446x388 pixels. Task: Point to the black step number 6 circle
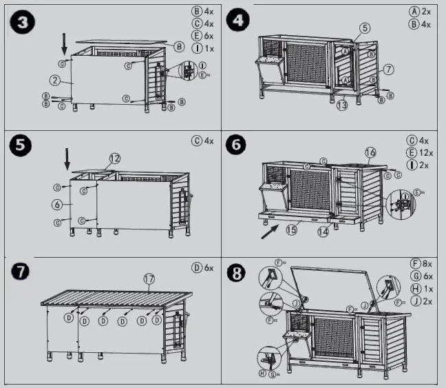coord(238,147)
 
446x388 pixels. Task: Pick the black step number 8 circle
coord(238,273)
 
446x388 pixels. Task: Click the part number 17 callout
coord(149,279)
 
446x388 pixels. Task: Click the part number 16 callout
coord(370,152)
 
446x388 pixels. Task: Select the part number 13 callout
coord(342,105)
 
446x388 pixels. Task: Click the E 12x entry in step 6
coord(418,152)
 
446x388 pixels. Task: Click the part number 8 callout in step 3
coord(178,47)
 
